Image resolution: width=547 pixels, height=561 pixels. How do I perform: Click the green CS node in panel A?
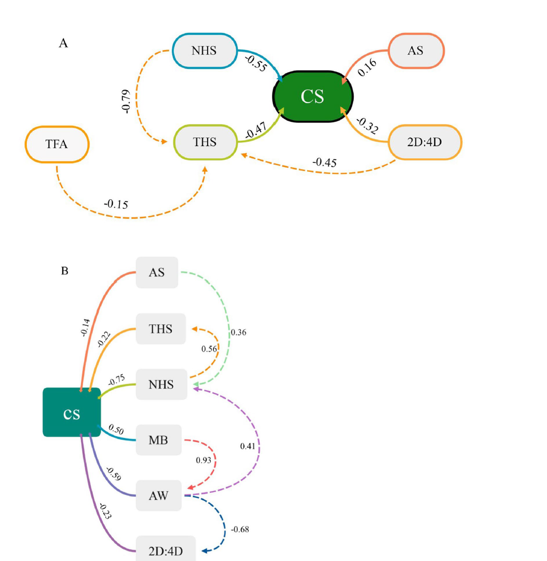(312, 96)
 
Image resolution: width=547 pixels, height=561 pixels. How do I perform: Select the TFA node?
(57, 144)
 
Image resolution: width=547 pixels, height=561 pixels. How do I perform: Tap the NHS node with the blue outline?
(205, 51)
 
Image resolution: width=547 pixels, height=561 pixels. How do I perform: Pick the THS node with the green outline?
(205, 141)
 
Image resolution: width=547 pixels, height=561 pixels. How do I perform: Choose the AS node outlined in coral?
(416, 51)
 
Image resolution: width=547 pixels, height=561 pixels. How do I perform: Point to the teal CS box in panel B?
(72, 412)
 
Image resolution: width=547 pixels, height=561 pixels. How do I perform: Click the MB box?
(159, 439)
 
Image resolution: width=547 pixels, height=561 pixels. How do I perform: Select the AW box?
(159, 495)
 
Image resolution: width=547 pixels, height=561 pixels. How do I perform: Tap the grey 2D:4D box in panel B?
(165, 551)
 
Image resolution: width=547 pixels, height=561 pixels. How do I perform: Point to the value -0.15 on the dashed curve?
(116, 204)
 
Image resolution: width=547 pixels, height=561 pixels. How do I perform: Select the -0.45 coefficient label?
(324, 162)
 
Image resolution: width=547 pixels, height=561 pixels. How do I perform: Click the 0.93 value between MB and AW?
(203, 460)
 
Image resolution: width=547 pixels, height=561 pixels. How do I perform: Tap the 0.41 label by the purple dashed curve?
(248, 446)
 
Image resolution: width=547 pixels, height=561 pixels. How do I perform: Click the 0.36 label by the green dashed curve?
(238, 333)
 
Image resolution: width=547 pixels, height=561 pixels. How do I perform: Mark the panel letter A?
(63, 44)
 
